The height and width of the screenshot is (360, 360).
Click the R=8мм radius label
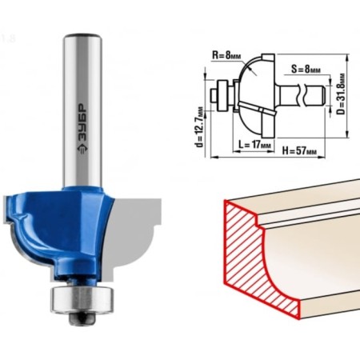pyautogui.click(x=226, y=55)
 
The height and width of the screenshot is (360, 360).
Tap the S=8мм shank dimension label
pyautogui.click(x=306, y=70)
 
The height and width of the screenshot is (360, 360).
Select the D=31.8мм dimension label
pyautogui.click(x=340, y=94)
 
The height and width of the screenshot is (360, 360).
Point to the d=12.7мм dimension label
pyautogui.click(x=199, y=127)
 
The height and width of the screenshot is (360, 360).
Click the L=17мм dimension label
pyautogui.click(x=254, y=145)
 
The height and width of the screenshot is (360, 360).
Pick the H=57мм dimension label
pyautogui.click(x=299, y=151)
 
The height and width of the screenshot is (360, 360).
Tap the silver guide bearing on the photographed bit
pyautogui.click(x=82, y=299)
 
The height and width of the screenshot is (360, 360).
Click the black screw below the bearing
pyautogui.click(x=82, y=318)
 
